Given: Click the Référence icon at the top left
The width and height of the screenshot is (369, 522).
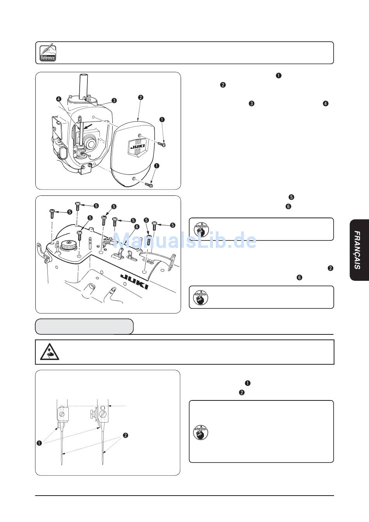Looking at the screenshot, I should point(48,53).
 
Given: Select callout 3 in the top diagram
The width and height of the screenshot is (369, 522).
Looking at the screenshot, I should point(114,100).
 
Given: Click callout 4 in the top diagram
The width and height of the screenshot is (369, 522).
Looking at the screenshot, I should point(58,99).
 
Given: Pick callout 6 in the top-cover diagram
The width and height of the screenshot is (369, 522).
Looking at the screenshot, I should point(136,226).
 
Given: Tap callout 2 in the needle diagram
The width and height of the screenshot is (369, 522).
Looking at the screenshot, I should point(125,435).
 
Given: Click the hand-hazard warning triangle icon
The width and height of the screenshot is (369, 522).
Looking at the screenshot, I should point(49,352).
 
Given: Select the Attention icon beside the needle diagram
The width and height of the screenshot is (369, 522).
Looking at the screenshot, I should point(200,432).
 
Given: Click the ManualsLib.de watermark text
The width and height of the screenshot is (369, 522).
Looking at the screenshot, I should point(184,241).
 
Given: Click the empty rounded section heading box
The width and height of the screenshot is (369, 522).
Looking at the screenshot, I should point(84,327).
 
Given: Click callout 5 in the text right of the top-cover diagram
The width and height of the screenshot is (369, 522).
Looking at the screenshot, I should point(291,197).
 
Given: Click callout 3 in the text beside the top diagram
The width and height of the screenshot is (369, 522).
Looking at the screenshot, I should point(252,104).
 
